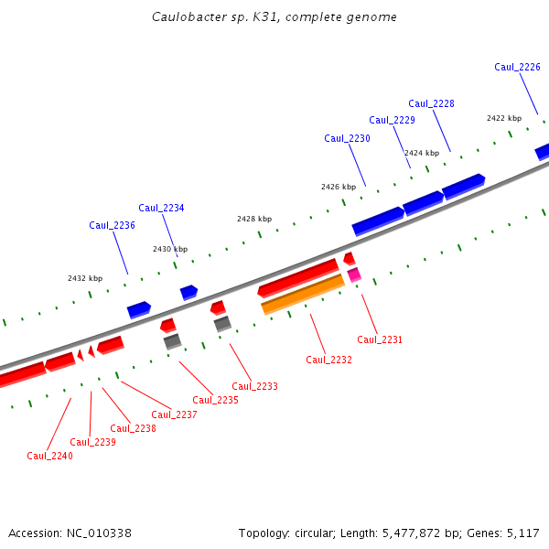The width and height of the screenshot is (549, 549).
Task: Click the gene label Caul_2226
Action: pos(517,67)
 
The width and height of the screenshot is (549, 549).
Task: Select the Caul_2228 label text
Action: pos(431,103)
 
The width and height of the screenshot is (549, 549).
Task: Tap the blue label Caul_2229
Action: pos(392,120)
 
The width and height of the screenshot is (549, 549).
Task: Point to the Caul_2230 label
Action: pos(347,138)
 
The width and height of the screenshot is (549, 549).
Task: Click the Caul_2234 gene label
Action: pos(161,208)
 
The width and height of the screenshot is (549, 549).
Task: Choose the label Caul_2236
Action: pos(112,225)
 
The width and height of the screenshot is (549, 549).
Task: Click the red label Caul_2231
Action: pos(380,339)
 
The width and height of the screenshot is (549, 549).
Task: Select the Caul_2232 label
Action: pos(328,360)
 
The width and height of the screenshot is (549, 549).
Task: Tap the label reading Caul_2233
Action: pos(254,386)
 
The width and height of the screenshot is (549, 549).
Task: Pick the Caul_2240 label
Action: pos(49,456)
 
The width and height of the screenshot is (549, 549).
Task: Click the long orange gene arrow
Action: pos(303,294)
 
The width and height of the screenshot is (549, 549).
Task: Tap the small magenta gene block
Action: pos(354,274)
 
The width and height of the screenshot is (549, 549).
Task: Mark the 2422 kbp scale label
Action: pos(503,118)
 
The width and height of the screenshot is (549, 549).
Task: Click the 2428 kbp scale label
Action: pos(253,219)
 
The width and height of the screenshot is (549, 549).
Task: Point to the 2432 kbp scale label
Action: pos(84,278)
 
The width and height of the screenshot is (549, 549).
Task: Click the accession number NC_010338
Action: pos(97,533)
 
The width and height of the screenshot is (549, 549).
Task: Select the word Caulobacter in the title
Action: pos(191,17)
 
